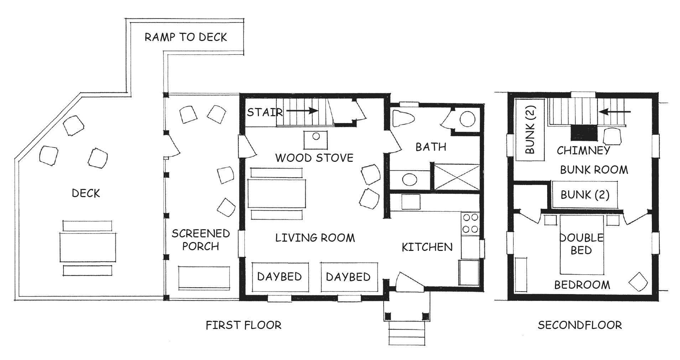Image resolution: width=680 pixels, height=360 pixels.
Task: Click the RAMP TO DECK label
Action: [186, 37]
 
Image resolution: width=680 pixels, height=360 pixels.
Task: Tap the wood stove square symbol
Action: [316, 140]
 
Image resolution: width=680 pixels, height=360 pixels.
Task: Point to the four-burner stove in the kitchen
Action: [470, 223]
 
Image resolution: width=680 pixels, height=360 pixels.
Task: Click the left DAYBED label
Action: [280, 277]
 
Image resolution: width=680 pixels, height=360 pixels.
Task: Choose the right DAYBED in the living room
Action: [349, 277]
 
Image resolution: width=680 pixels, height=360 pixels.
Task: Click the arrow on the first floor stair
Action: [302, 111]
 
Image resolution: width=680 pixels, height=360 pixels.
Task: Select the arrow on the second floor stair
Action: [614, 112]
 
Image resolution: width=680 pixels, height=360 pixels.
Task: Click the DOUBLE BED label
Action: [581, 244]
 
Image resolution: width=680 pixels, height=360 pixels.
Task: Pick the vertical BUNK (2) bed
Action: [530, 130]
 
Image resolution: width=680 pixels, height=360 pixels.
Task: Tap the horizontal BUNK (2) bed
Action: [585, 195]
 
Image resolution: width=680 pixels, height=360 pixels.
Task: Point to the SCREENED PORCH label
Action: [201, 240]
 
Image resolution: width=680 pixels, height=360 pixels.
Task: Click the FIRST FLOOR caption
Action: [244, 325]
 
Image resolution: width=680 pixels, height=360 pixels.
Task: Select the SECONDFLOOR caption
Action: [580, 325]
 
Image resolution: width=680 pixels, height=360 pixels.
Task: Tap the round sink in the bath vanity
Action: [410, 179]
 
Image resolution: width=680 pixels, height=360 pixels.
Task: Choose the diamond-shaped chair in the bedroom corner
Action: [638, 283]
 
